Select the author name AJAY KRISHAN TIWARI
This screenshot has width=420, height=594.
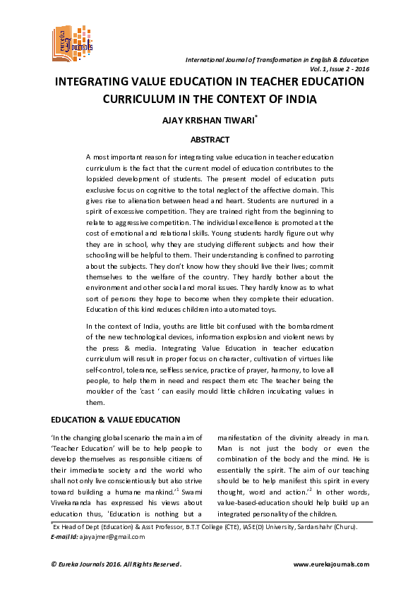(208, 121)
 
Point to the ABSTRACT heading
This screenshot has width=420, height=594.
(210, 140)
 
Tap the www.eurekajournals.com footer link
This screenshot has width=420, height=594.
(330, 565)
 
